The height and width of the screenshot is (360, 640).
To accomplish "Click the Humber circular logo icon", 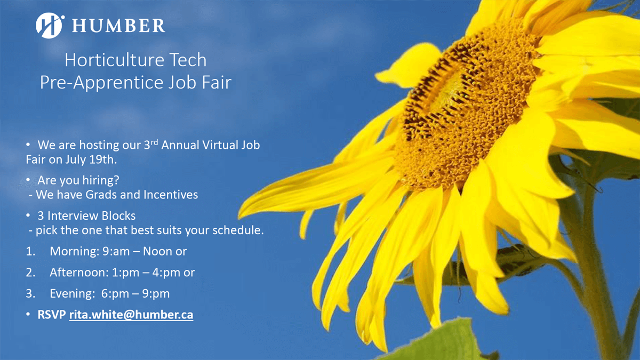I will [x=50, y=25].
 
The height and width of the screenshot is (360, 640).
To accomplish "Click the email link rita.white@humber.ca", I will [x=131, y=315].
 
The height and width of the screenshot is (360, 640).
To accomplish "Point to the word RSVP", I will [x=52, y=315].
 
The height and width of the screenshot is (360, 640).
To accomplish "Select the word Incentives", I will [x=171, y=195].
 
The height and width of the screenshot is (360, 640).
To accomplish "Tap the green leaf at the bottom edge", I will [x=437, y=341].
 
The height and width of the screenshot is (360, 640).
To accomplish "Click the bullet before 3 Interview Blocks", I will [x=28, y=216].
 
